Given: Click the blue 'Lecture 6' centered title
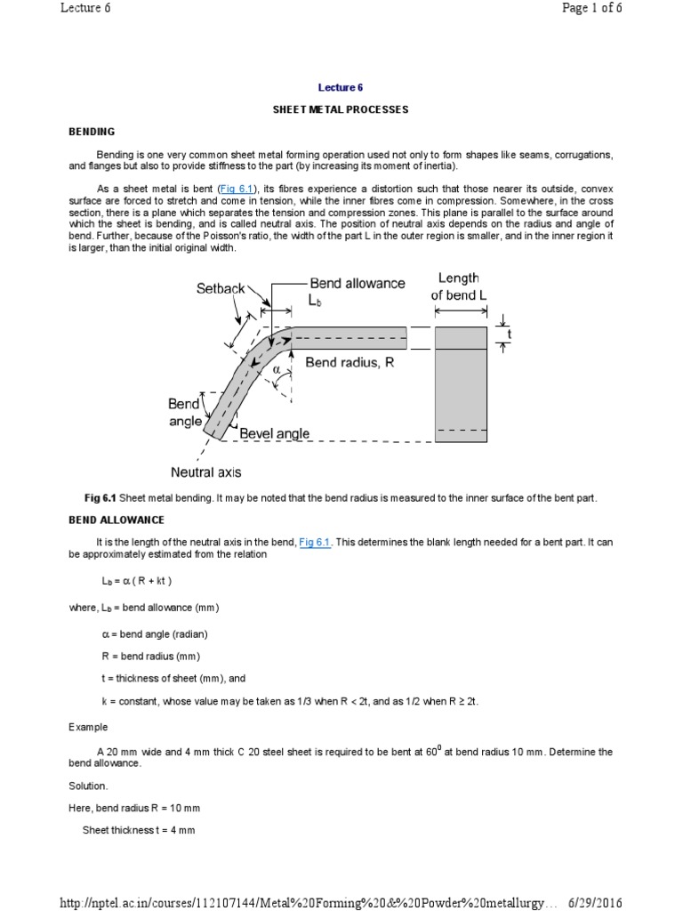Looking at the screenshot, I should coord(341,87).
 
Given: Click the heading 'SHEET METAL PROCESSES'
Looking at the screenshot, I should coord(341,109).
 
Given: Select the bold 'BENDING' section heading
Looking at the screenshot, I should coord(92,132).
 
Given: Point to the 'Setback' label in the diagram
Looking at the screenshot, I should coord(221,289).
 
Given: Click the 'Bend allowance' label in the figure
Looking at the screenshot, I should coord(357,283).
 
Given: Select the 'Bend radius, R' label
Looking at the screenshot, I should coord(350,362).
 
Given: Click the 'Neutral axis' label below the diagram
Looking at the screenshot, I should coord(205,472).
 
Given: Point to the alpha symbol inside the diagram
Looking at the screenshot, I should coord(277,368).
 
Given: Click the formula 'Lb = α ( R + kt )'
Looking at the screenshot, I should coord(136,581).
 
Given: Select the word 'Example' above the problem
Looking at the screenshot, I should coord(88,727).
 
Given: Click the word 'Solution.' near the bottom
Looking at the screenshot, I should coord(88,786).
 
